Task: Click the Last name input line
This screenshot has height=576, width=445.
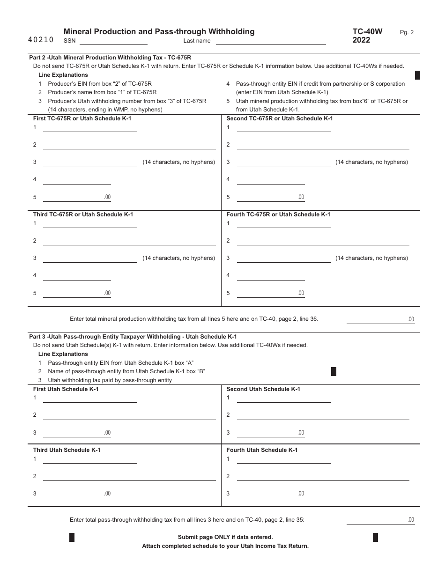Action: click(x=271, y=41)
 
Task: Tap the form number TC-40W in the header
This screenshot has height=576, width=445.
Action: click(x=367, y=32)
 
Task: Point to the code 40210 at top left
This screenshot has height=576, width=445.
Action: click(x=41, y=40)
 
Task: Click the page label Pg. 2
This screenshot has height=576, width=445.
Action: click(x=407, y=32)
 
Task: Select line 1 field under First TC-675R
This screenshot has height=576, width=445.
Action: click(x=90, y=128)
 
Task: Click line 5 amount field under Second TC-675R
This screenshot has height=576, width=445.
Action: click(x=271, y=197)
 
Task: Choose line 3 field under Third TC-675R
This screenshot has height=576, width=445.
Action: click(x=90, y=258)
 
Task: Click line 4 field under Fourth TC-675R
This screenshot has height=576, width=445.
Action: click(x=271, y=276)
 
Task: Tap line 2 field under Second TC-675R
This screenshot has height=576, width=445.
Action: click(x=323, y=145)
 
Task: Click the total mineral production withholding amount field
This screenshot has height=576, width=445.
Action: click(x=380, y=319)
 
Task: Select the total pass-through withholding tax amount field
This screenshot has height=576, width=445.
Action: click(x=380, y=520)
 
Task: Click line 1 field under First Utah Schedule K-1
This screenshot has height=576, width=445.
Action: click(x=90, y=399)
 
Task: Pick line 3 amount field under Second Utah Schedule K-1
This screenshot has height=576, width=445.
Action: click(x=271, y=433)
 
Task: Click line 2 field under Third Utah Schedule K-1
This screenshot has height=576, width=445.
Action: click(x=129, y=477)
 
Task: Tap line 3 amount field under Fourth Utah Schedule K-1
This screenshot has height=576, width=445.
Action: click(x=271, y=494)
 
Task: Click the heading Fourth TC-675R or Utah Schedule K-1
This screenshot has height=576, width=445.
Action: click(x=278, y=214)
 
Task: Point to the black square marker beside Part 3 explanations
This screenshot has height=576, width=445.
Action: click(x=334, y=372)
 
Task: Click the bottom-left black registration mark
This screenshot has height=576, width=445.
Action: click(x=72, y=537)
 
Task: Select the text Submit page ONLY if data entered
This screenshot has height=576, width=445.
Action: click(x=225, y=537)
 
